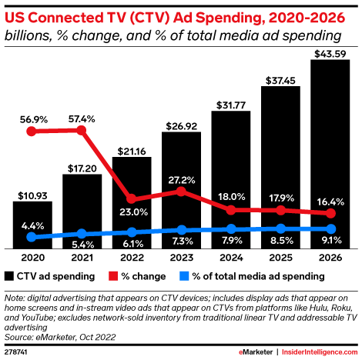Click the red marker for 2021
pos(82,130)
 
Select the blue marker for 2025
pos(281,228)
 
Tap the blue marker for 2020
pos(32,238)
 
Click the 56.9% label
pos(32,118)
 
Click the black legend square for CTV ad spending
pos(8,275)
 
